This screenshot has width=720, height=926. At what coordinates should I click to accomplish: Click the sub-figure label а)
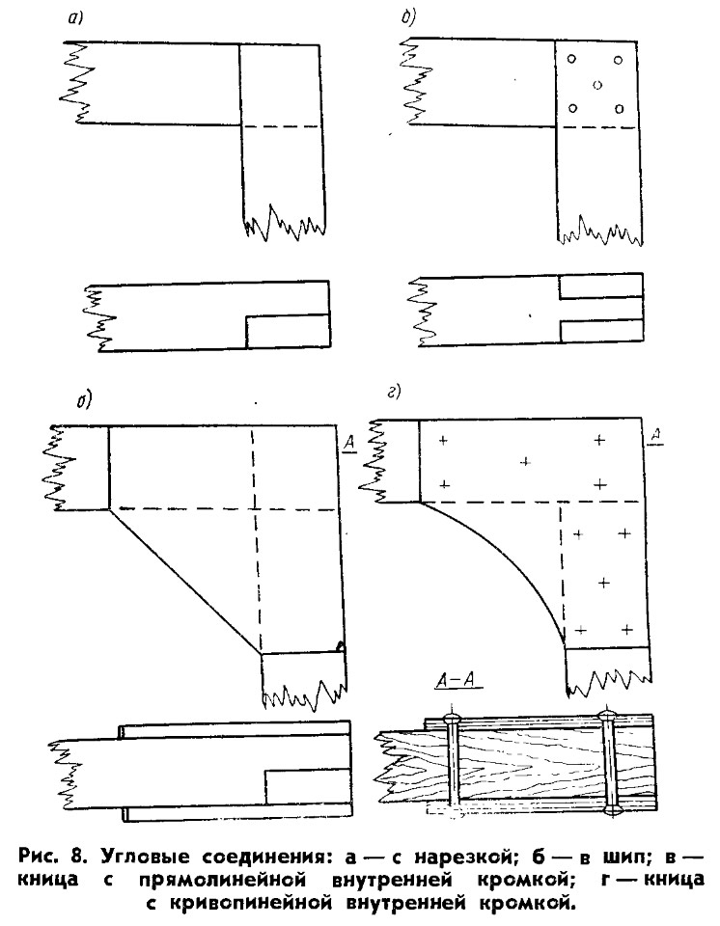coord(75,18)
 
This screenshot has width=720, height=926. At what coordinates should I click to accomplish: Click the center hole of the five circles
coord(597,85)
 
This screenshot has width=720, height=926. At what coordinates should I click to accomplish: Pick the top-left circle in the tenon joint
coord(571,59)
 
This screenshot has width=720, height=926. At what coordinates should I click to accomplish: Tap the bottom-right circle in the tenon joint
coord(619,109)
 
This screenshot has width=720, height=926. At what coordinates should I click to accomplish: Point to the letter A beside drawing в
coord(349,444)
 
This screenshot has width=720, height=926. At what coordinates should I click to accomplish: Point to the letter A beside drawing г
coord(655,436)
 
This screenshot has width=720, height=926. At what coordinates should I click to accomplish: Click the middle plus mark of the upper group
coord(524,461)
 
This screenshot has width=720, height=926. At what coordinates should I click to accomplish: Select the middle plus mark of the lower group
coord(603,583)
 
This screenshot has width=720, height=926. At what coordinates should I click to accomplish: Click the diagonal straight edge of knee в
coord(185,581)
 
